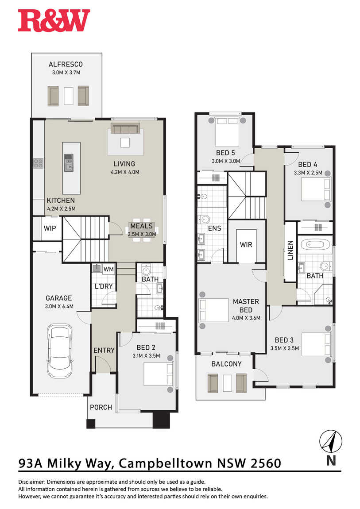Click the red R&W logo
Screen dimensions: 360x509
[x=54, y=20]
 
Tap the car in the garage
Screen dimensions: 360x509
[x=59, y=351]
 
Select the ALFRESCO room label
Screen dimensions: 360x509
[x=66, y=64]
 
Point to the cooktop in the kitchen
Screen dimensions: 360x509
[x=39, y=163]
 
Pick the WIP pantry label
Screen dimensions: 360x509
[x=50, y=228]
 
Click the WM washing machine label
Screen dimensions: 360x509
[x=108, y=269]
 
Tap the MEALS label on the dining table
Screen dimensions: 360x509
[x=142, y=226]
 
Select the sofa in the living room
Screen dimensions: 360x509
[x=125, y=128]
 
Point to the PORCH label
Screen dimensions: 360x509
[x=101, y=407]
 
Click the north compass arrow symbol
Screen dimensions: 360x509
[x=331, y=441]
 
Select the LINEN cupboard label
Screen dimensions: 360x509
[x=290, y=250]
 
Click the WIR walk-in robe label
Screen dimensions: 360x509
[x=246, y=244]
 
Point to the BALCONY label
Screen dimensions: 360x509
[x=227, y=364]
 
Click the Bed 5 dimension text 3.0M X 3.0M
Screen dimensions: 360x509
[x=226, y=161]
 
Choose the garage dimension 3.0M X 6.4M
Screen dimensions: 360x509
[x=59, y=306]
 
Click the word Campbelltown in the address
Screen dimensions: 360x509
[x=165, y=463]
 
